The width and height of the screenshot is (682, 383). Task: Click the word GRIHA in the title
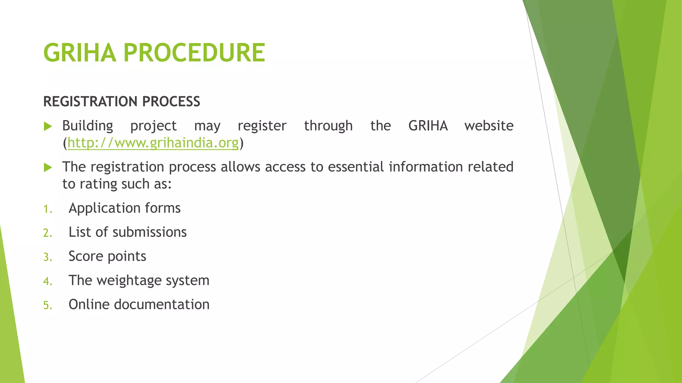(x=80, y=53)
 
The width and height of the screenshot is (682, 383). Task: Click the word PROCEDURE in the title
(x=194, y=53)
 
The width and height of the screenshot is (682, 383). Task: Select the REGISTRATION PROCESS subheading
(x=122, y=101)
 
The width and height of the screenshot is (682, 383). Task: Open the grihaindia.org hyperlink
(x=153, y=143)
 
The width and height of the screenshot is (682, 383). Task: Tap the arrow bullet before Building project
(x=48, y=126)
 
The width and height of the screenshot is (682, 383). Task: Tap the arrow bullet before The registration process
(x=48, y=168)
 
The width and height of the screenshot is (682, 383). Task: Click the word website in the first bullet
(x=489, y=126)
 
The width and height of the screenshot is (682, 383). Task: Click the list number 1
(x=48, y=209)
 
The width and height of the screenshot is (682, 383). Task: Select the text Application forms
(x=125, y=208)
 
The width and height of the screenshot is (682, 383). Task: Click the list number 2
(x=48, y=233)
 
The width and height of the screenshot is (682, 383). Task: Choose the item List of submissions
(x=128, y=232)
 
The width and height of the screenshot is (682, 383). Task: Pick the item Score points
(x=107, y=256)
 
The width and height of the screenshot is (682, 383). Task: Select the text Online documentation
(x=139, y=305)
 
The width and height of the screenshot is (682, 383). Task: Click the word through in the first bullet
(x=328, y=126)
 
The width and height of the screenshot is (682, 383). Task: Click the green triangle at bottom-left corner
(x=10, y=332)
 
